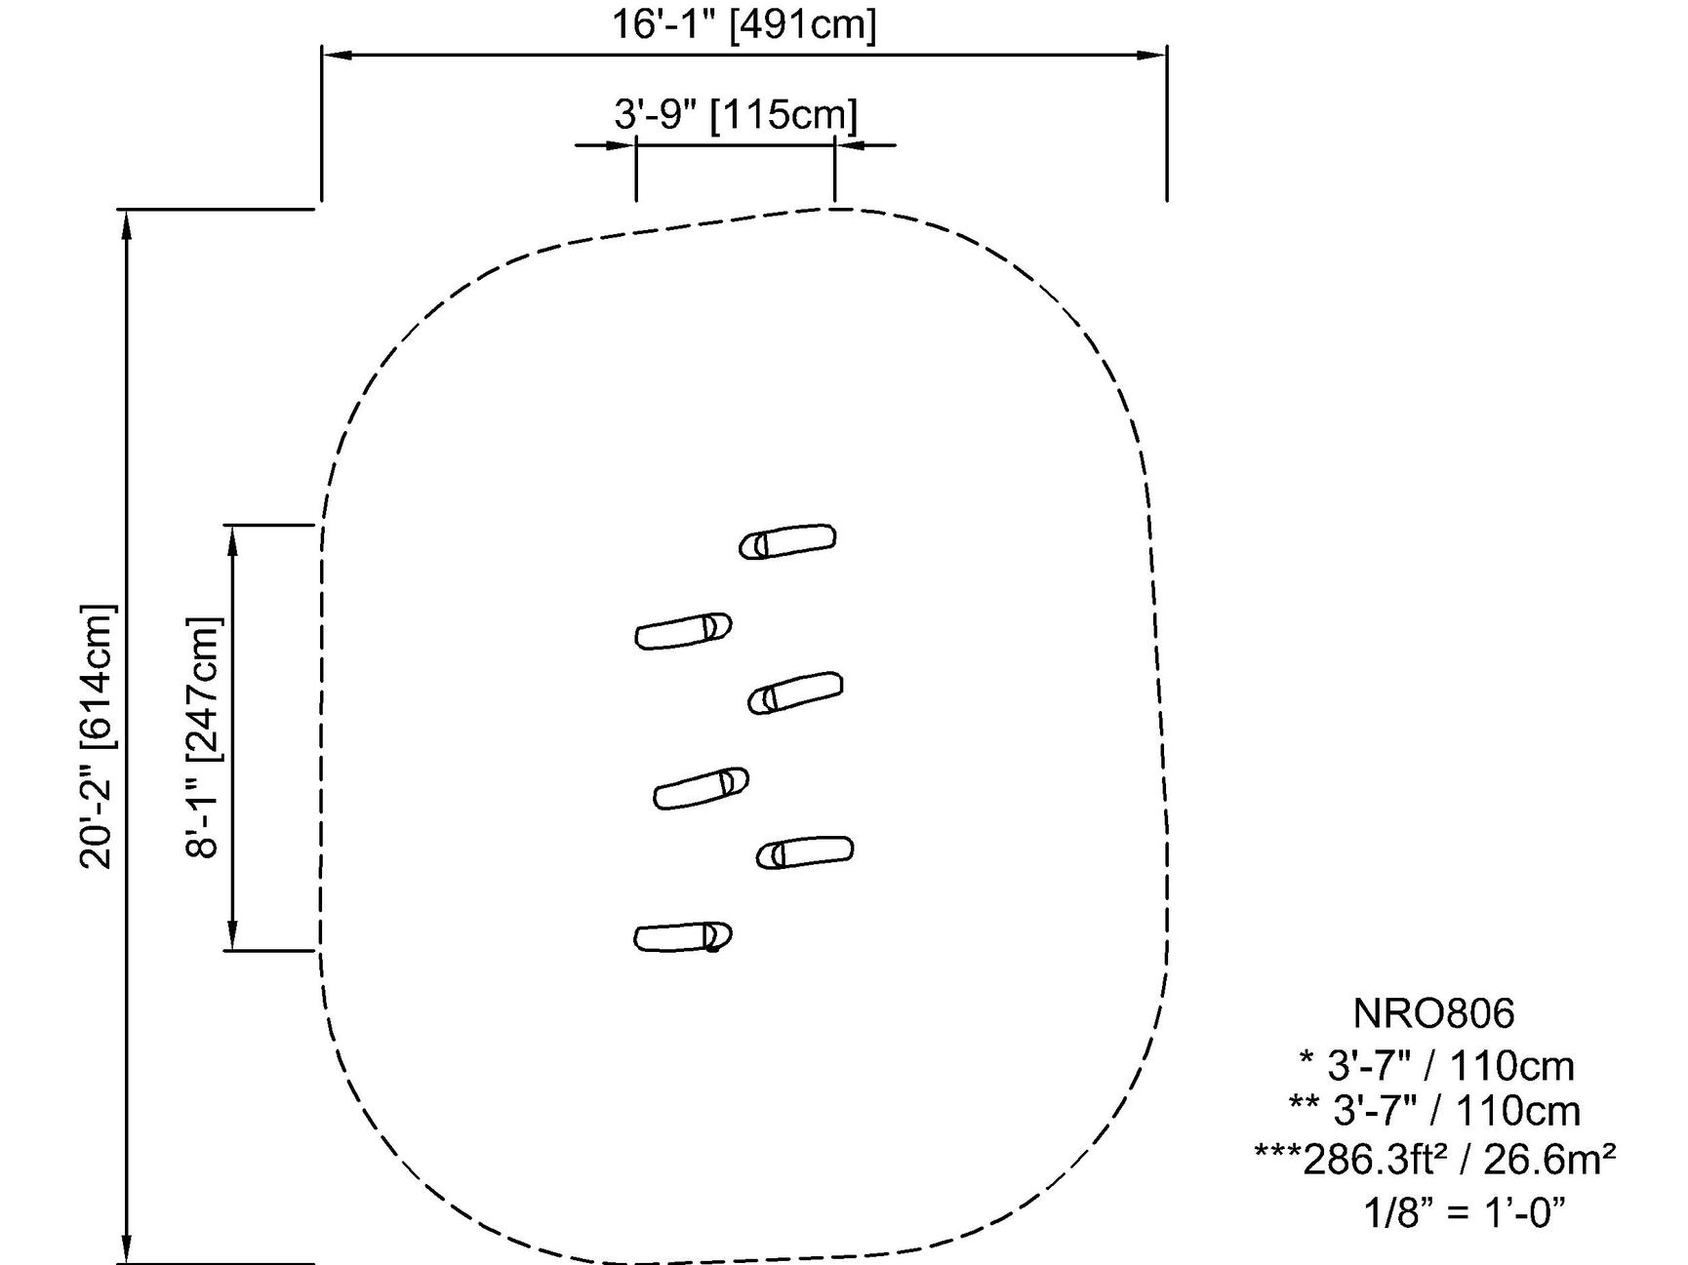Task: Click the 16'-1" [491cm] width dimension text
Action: pos(744,23)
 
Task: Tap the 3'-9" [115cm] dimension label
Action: pos(736,114)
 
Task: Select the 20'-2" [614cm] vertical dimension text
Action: pos(98,736)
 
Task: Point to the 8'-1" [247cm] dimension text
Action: pos(203,736)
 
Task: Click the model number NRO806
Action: pos(1433,1013)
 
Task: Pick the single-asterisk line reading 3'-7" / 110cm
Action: pos(1437,1066)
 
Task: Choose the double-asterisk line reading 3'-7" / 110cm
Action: pos(1434,1111)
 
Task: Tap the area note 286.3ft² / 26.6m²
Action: pos(1434,1160)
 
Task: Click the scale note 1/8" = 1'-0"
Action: pos(1464,1213)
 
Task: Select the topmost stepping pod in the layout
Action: pos(787,541)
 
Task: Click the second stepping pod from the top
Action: pos(683,630)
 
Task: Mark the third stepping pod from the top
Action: pos(795,692)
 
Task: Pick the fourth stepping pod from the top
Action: pos(701,788)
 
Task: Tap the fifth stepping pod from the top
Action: pos(805,851)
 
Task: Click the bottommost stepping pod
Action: pos(683,937)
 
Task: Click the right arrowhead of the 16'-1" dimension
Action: pos(1154,55)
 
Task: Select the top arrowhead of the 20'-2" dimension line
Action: pos(125,223)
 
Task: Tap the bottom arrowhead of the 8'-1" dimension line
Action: pos(232,936)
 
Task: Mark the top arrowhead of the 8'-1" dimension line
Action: pos(232,538)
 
